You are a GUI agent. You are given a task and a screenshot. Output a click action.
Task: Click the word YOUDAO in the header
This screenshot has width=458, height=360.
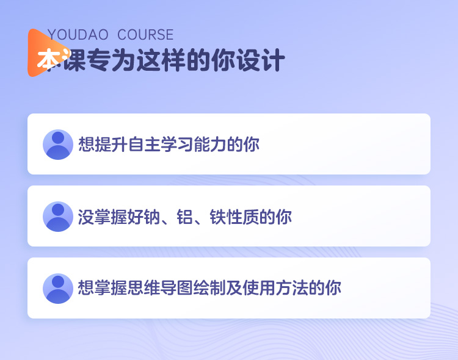pyautogui.click(x=78, y=35)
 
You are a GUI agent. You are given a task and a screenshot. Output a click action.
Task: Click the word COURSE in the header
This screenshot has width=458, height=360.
pyautogui.click(x=145, y=35)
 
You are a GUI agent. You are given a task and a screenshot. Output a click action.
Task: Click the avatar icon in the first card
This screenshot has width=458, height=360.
pyautogui.click(x=58, y=145)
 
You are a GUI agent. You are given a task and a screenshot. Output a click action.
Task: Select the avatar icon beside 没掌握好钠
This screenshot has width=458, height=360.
pyautogui.click(x=58, y=217)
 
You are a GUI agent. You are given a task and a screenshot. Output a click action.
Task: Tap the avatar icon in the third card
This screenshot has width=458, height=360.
pyautogui.click(x=58, y=289)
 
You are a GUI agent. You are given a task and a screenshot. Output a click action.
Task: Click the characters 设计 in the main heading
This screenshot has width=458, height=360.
pyautogui.click(x=261, y=60)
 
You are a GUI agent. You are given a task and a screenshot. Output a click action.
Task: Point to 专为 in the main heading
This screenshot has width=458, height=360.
pyautogui.click(x=111, y=60)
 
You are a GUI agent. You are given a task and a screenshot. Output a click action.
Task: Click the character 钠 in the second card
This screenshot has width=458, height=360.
pyautogui.click(x=151, y=217)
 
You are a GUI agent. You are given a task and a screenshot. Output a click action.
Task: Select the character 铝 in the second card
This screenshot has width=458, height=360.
pyautogui.click(x=184, y=217)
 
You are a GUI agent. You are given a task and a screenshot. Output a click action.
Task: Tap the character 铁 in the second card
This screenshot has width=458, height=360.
pyautogui.click(x=218, y=217)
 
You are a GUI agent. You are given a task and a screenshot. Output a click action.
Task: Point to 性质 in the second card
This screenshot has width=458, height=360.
pyautogui.click(x=242, y=217)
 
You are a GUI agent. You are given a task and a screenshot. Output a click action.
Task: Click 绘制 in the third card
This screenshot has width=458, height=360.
pyautogui.click(x=209, y=288)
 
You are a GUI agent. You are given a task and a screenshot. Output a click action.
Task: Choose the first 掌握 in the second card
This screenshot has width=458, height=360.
pyautogui.click(x=111, y=217)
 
